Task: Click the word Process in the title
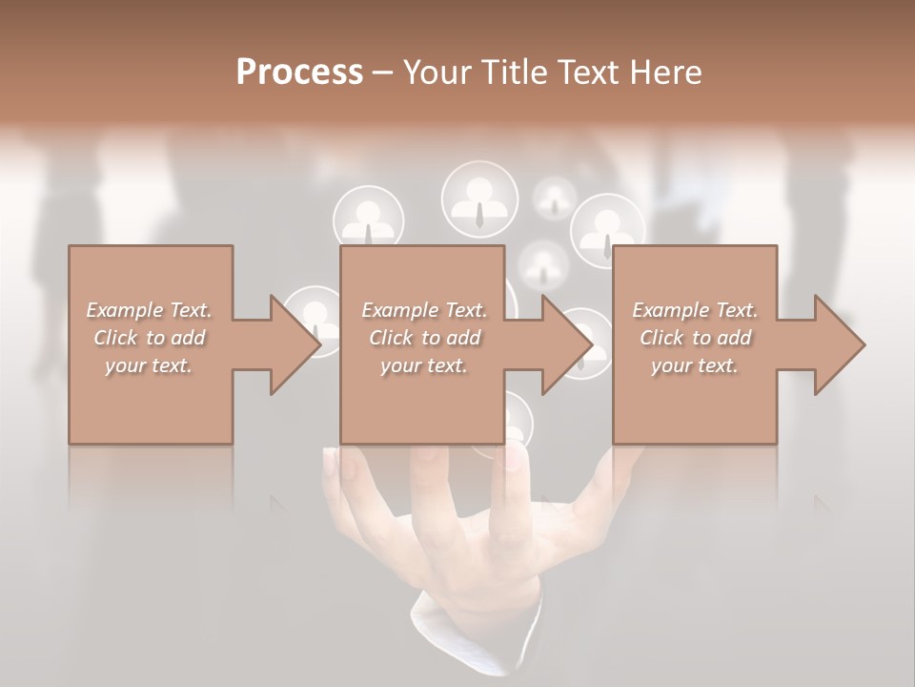[x=299, y=73]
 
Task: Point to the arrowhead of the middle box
[x=566, y=344]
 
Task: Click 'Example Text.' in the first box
[x=149, y=310]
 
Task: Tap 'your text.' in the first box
[x=149, y=365]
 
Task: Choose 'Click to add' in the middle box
[x=424, y=338]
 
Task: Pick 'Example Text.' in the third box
[x=695, y=310]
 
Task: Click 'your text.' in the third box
[x=695, y=365]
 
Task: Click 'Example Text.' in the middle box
[x=424, y=310]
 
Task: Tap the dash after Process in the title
[x=383, y=73]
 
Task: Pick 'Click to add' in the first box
[x=149, y=338]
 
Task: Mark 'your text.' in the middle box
[x=424, y=365]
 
